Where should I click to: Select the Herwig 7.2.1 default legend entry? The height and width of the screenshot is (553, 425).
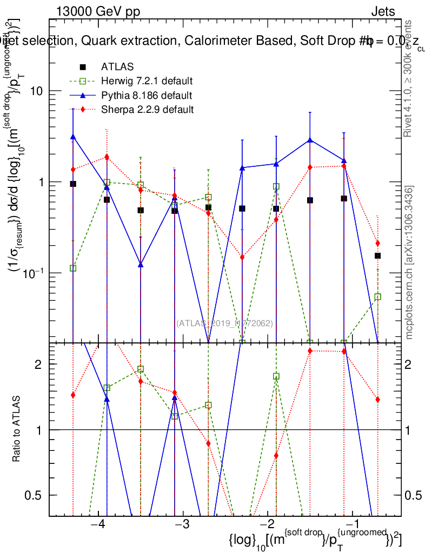coord(147,82)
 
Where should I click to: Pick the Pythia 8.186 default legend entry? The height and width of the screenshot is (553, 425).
coord(147,96)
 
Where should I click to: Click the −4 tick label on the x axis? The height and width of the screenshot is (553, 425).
coord(97,524)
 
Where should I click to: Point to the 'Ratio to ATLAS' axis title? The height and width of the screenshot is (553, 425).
coord(17,430)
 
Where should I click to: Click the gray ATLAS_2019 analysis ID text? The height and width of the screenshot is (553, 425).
coord(224,323)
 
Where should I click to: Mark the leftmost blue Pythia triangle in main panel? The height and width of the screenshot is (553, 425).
coord(73,137)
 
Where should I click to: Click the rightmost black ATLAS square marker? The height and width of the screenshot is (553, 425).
coord(378,255)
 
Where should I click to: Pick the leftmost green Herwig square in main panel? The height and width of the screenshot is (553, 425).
coord(73,268)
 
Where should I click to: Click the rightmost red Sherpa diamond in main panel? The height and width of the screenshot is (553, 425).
coord(378,243)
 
